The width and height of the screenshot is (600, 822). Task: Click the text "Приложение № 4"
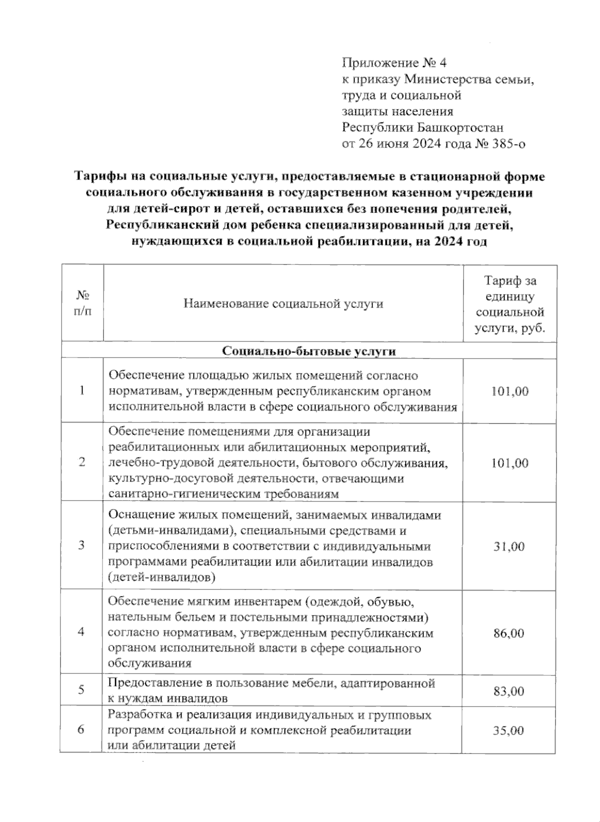click(x=394, y=63)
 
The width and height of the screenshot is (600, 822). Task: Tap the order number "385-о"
click(x=508, y=144)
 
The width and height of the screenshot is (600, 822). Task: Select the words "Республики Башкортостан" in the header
click(x=422, y=128)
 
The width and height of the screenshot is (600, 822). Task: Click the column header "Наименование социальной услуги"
click(x=283, y=303)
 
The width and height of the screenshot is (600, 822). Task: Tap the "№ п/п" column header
click(x=82, y=303)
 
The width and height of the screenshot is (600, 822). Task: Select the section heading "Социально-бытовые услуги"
click(x=309, y=351)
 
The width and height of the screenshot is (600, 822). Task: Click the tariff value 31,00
click(x=509, y=546)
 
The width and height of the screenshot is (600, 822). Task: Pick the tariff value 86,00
click(x=509, y=633)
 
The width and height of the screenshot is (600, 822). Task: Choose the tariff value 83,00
click(x=509, y=691)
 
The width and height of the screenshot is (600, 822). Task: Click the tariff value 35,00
click(x=509, y=730)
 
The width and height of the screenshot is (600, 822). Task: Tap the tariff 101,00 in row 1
click(x=509, y=391)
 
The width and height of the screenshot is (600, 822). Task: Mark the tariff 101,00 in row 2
click(x=509, y=463)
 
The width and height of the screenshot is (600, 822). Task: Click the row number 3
click(x=81, y=545)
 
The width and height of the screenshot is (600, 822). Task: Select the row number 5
click(x=81, y=690)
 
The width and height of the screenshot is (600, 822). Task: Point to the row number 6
click(x=81, y=730)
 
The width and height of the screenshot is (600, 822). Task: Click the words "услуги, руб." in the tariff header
click(x=509, y=329)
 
